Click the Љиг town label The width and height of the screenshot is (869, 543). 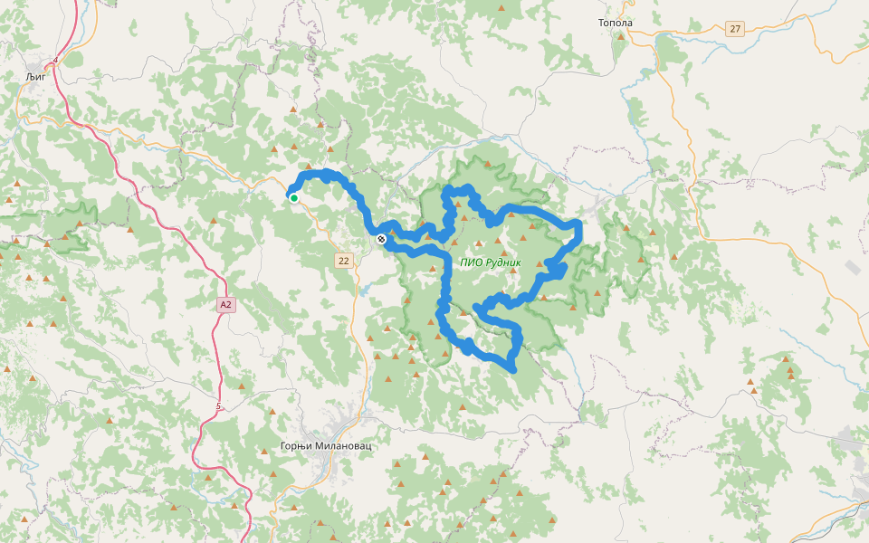click(36, 78)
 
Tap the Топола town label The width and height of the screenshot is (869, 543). click(616, 23)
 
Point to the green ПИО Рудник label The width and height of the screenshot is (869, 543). click(491, 262)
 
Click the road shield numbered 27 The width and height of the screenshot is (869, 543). click(734, 29)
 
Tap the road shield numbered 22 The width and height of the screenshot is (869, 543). click(343, 261)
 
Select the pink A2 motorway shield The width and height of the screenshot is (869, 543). click(226, 305)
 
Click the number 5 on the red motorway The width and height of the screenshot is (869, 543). click(218, 407)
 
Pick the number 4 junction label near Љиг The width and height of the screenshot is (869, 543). click(55, 61)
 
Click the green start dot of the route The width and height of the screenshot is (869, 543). click(294, 197)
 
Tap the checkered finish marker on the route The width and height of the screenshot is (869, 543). click(381, 239)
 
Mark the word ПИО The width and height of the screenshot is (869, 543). click(469, 262)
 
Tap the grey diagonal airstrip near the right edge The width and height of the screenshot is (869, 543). click(854, 268)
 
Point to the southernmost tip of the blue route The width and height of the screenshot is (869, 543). click(512, 369)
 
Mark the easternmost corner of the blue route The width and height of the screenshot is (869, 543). click(579, 224)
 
